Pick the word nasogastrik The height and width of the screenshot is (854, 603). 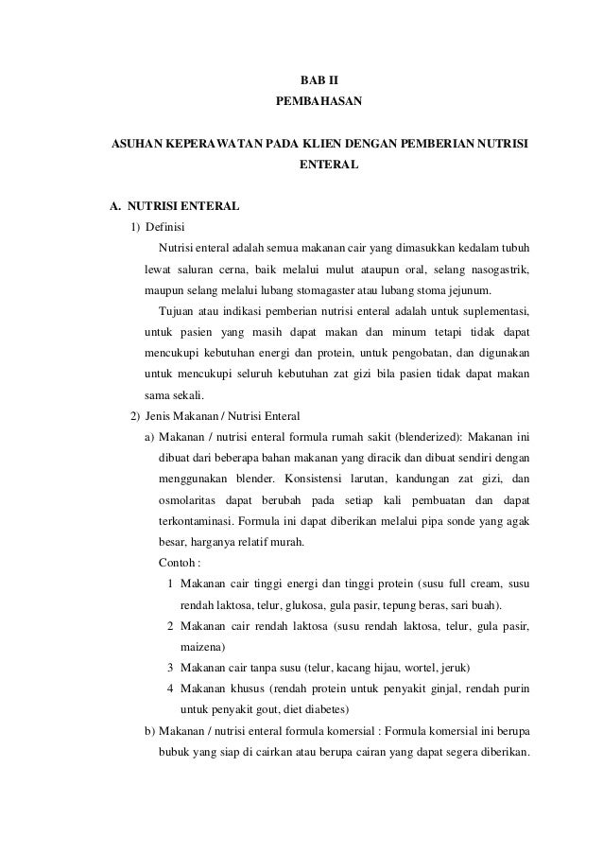coord(496,270)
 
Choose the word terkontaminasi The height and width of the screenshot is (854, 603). coord(196,520)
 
